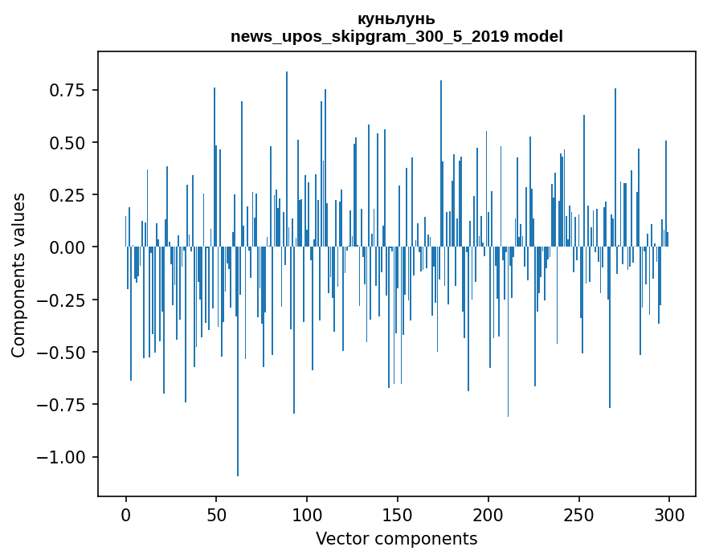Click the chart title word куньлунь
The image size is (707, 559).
coord(396,18)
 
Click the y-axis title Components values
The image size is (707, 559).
coord(18,275)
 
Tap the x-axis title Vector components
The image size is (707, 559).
coord(396,539)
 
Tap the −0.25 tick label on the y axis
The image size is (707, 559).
coord(64,300)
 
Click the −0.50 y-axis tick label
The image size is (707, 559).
coord(64,353)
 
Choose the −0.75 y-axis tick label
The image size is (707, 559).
coord(64,405)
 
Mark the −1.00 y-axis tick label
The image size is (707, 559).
coord(64,458)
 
